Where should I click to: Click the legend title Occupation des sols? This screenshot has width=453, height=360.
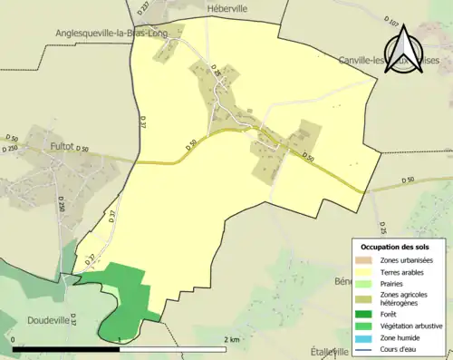395,247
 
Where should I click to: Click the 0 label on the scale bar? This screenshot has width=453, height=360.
14,339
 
